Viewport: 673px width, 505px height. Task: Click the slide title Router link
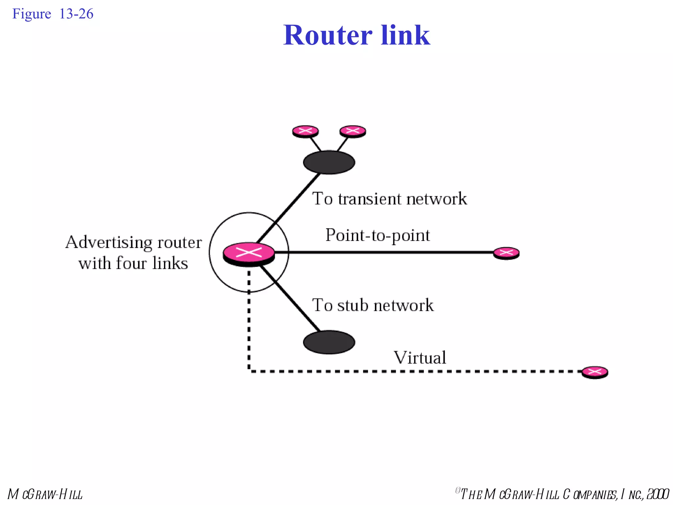[x=357, y=35]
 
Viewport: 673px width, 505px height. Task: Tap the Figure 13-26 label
[x=53, y=14]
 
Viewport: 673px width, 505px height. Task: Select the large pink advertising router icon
[x=249, y=253]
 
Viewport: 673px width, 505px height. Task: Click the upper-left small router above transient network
[x=305, y=131]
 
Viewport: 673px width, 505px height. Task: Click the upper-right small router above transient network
[x=353, y=131]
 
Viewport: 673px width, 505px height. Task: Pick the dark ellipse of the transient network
[x=329, y=162]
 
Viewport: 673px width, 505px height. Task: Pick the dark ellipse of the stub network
[x=329, y=342]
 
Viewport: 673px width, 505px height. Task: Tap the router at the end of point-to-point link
[x=506, y=253]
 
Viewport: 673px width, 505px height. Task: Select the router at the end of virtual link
[x=594, y=372]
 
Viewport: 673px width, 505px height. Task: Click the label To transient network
[x=389, y=199]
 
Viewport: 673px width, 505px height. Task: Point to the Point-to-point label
[x=377, y=235]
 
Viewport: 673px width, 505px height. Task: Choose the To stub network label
[x=373, y=305]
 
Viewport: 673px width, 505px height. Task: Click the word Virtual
[x=420, y=357]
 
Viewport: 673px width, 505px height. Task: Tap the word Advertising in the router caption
[x=109, y=243]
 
